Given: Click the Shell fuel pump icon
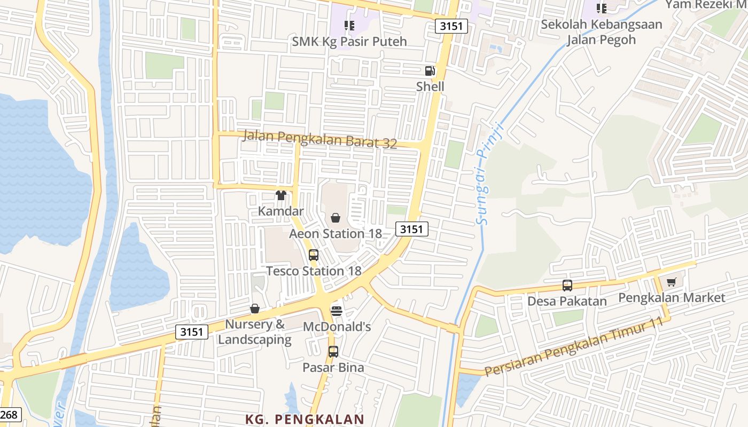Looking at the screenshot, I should pos(430,71).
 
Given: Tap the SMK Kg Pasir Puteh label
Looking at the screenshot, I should pos(349,41).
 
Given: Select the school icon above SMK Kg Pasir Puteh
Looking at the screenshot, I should pos(349,25).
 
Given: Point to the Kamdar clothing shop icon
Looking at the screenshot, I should pos(281,195).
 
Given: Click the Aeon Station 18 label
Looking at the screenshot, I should pos(335,233).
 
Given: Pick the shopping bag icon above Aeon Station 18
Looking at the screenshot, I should pos(336,217).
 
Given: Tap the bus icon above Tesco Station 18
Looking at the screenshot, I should pos(314,255).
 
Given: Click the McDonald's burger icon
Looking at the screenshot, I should pos(337,310).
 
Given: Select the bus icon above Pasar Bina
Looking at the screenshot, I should pos(333,351).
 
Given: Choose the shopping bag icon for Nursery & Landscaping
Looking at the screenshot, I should pos(255,309).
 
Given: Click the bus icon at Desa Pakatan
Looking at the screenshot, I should pos(567,285).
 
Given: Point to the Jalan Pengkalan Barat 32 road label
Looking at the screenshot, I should pos(320,139).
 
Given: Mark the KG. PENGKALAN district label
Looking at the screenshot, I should pos(305,419).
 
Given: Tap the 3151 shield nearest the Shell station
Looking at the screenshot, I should pos(451,26).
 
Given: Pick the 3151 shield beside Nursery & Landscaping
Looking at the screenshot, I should pos(192,331).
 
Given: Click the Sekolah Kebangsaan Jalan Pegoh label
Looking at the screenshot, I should pos(601,32).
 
